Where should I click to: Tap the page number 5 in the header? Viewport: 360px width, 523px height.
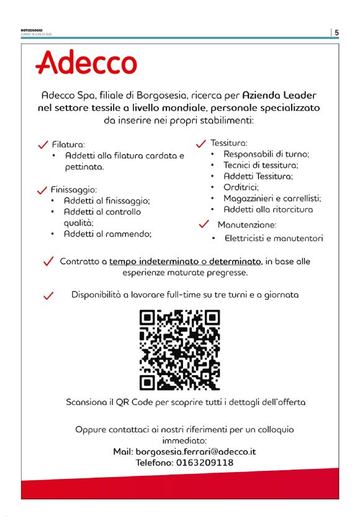pyautogui.click(x=336, y=32)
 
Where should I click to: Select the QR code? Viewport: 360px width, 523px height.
pyautogui.click(x=179, y=350)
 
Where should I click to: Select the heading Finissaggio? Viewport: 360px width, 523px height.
pyautogui.click(x=75, y=189)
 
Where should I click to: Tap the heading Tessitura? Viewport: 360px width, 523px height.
pyautogui.click(x=229, y=142)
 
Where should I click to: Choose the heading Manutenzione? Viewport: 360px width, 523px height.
pyautogui.click(x=246, y=224)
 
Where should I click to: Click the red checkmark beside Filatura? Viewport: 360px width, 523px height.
pyautogui.click(x=43, y=144)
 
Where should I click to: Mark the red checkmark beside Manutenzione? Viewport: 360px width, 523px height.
pyautogui.click(x=203, y=224)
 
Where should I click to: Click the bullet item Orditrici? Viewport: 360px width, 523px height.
pyautogui.click(x=241, y=187)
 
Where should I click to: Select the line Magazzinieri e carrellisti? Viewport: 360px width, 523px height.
pyautogui.click(x=272, y=198)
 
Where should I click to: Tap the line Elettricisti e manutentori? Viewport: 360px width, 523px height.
pyautogui.click(x=273, y=238)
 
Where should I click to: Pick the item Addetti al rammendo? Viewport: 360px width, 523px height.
pyautogui.click(x=108, y=234)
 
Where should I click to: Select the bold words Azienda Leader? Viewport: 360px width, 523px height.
pyautogui.click(x=279, y=96)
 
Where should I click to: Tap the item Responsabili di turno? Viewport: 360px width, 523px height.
pyautogui.click(x=266, y=153)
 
